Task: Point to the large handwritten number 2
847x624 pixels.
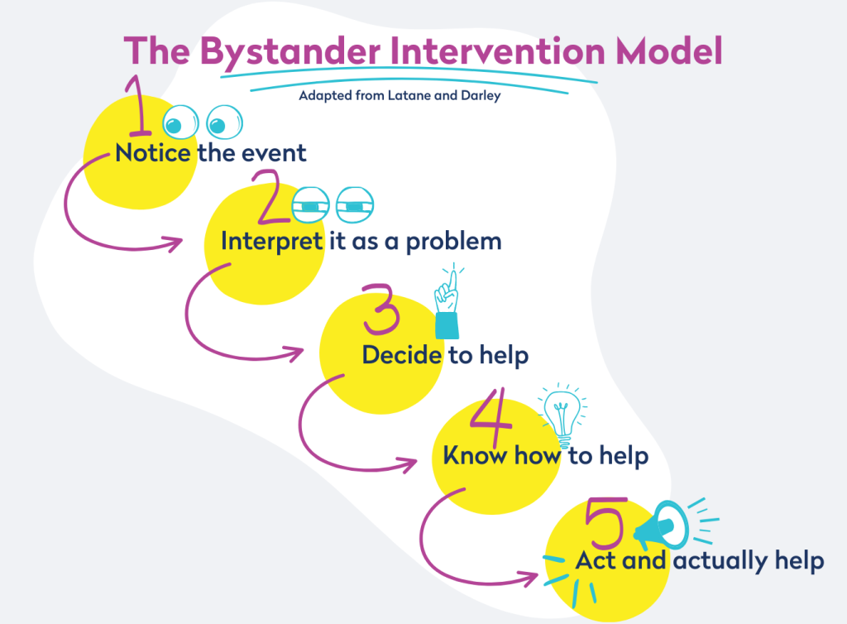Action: point(273,198)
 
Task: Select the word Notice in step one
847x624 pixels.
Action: point(154,153)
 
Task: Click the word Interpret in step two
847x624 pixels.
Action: point(271,242)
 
